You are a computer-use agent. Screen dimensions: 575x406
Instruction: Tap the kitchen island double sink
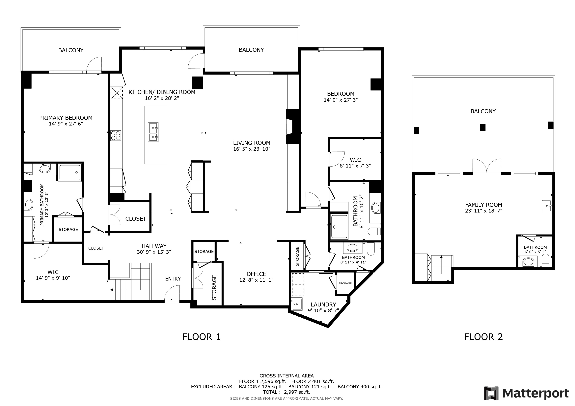pos(153,132)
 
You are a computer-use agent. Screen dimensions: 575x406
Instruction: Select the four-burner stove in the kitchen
pos(116,136)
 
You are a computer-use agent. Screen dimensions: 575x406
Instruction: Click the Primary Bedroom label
pos(66,118)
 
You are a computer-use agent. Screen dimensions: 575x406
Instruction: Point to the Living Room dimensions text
pos(252,149)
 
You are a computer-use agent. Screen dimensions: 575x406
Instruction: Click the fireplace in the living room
pos(292,127)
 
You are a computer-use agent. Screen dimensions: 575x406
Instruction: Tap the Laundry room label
pos(323,304)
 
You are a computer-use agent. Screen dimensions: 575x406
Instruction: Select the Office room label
pos(256,274)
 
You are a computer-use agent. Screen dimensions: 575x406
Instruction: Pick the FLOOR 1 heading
pos(201,337)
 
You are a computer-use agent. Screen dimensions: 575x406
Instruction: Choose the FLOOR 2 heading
pos(483,337)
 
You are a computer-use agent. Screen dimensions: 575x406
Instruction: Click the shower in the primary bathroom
pos(70,172)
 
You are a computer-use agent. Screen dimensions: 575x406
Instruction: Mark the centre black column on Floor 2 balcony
pos(483,127)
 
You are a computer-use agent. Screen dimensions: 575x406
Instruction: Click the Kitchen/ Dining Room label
pos(162,92)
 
